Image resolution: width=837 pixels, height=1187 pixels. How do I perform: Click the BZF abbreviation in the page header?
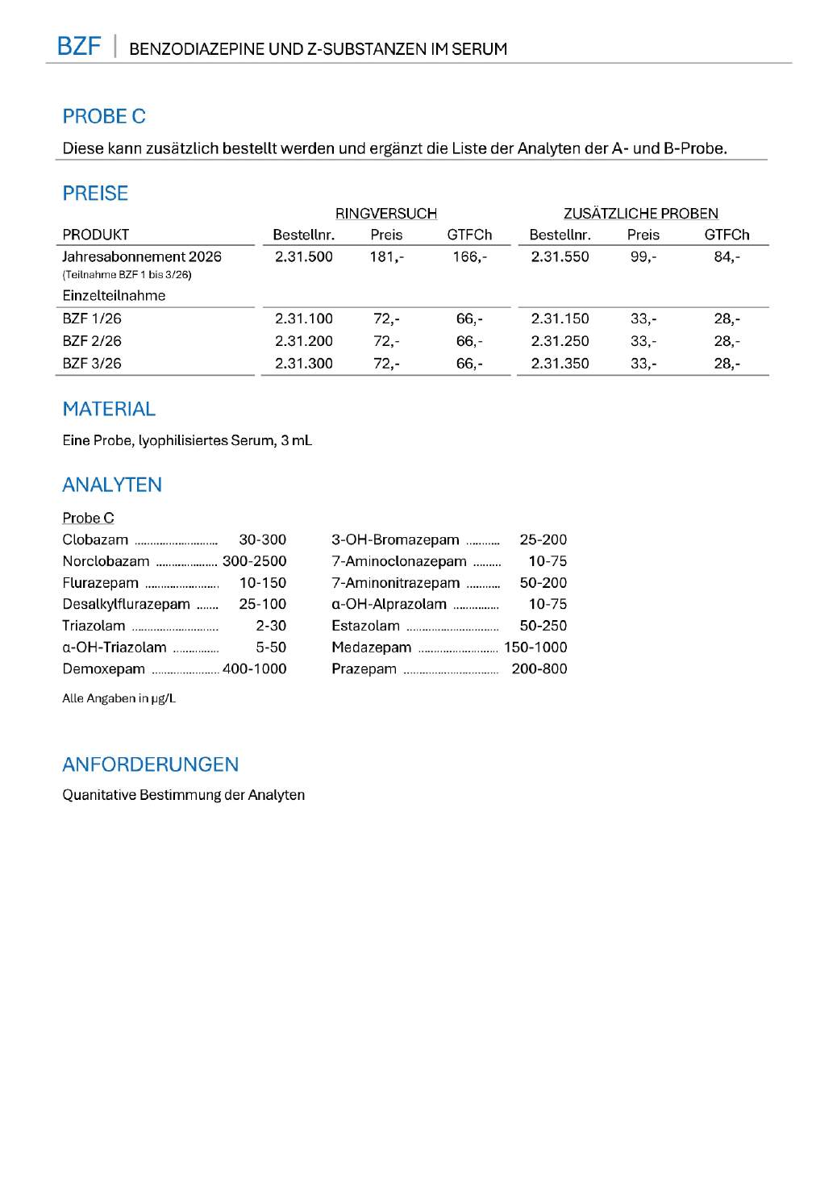click(79, 46)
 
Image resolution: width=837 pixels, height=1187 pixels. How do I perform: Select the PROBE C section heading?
click(104, 117)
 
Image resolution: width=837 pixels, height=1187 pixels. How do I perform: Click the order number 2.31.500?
click(303, 256)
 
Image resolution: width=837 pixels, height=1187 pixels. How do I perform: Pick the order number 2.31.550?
click(560, 256)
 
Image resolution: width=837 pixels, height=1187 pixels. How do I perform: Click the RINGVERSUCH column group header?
click(385, 214)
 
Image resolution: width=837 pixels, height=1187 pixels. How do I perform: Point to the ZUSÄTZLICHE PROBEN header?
click(640, 214)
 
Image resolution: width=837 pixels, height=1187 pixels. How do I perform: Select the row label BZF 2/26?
click(92, 341)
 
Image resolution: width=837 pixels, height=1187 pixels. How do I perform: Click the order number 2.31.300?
click(303, 364)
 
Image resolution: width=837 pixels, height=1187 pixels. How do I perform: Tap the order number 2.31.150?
click(560, 319)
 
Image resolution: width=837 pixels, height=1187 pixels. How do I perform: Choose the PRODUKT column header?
click(95, 235)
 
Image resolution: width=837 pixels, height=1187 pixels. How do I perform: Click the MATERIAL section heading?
click(109, 409)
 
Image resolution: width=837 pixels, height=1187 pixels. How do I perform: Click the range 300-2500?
click(254, 561)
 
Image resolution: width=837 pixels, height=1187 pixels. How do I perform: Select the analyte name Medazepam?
click(371, 648)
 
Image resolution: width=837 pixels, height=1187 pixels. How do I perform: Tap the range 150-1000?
click(535, 648)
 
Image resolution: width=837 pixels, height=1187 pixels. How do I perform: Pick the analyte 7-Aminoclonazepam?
click(398, 561)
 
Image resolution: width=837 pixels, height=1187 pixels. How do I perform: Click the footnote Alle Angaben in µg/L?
click(119, 698)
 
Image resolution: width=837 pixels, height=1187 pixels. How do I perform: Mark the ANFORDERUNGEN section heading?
click(151, 764)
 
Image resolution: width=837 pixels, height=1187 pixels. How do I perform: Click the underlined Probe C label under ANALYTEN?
click(88, 518)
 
